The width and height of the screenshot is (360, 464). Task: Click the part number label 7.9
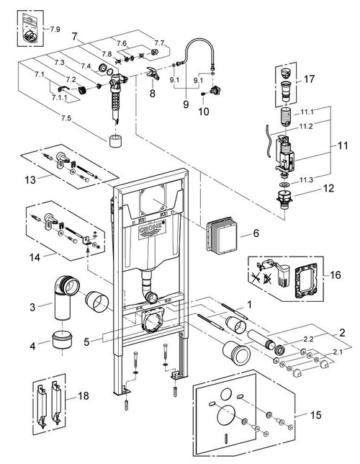(55, 30)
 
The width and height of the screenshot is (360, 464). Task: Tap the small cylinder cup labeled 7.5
(113, 140)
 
